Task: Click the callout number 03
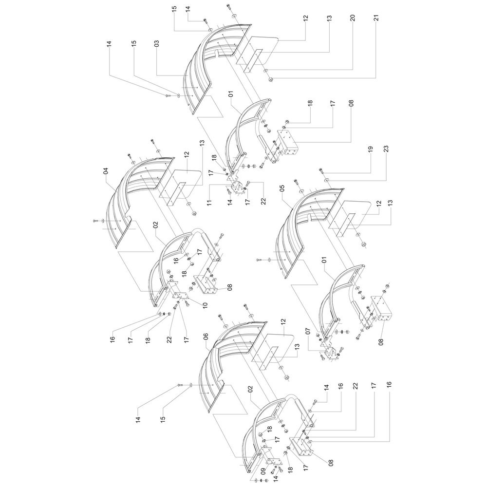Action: [x=157, y=43]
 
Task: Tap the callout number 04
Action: [x=106, y=171]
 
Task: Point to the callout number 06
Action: [x=206, y=337]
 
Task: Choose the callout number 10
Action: [x=205, y=305]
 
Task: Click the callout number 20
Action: [x=353, y=18]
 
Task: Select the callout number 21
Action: [x=377, y=18]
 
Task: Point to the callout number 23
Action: [x=386, y=149]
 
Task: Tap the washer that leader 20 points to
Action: [x=266, y=72]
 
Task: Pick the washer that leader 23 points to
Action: [x=327, y=180]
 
